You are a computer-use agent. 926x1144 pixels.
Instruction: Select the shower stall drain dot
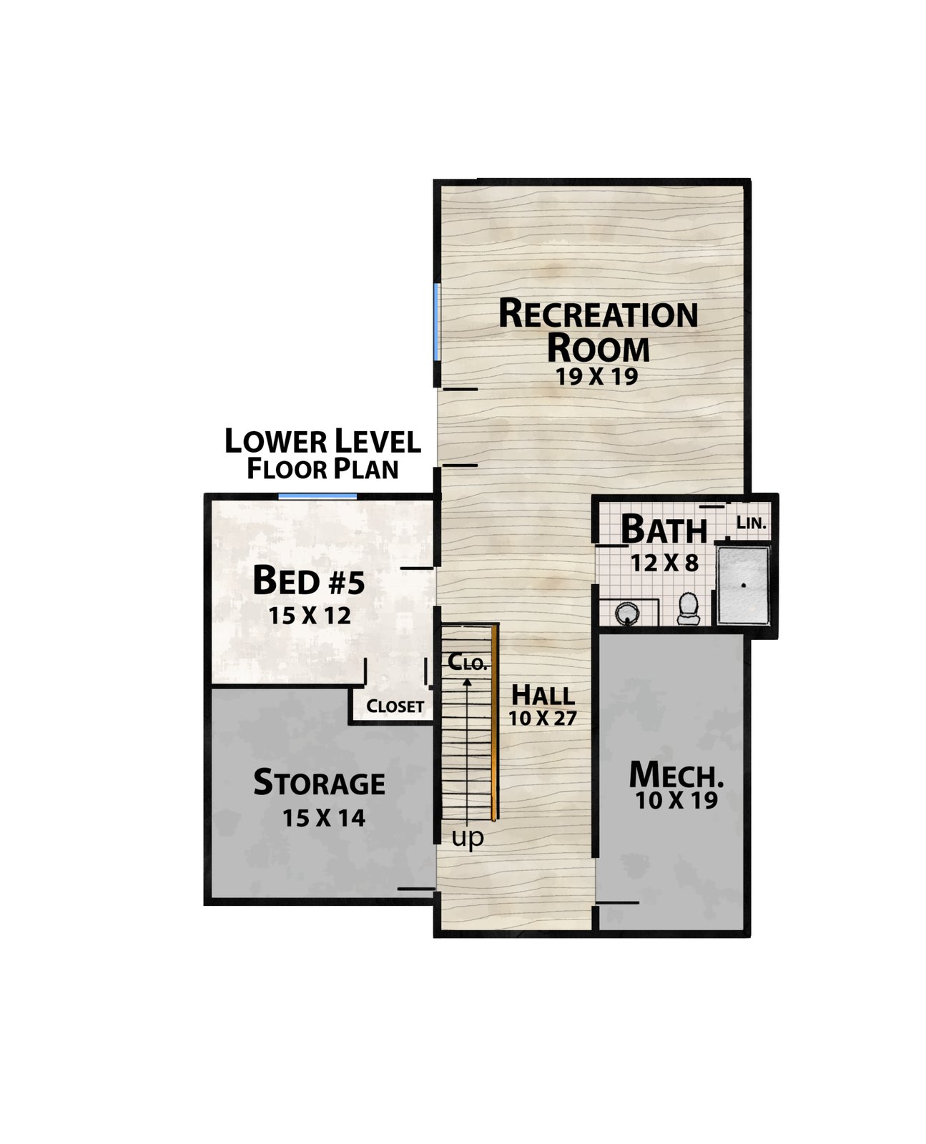click(x=744, y=585)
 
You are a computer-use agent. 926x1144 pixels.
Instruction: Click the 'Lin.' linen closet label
click(x=751, y=522)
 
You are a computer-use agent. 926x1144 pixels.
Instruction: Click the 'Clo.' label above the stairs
click(x=468, y=661)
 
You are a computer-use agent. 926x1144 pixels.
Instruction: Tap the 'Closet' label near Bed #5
click(x=395, y=706)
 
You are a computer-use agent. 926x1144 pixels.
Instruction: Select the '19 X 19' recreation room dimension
click(x=597, y=377)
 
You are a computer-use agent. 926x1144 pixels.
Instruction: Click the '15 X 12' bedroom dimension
click(x=310, y=616)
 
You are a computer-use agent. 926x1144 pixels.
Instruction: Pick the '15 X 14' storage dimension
click(x=324, y=818)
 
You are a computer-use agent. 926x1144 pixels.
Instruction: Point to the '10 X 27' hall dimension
click(x=543, y=718)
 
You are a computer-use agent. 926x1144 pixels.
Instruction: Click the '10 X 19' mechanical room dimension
click(x=676, y=800)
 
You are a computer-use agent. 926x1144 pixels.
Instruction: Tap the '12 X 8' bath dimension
click(x=664, y=563)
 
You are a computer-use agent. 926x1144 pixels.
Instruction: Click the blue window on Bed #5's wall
click(x=317, y=496)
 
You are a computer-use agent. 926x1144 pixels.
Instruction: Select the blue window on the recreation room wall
click(x=437, y=322)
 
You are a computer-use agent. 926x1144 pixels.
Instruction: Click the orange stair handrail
click(x=493, y=722)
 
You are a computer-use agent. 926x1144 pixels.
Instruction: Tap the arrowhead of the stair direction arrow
click(x=468, y=682)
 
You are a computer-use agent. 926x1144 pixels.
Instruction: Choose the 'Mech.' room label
click(x=676, y=774)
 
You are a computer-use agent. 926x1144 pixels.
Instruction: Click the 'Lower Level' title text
click(x=322, y=441)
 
